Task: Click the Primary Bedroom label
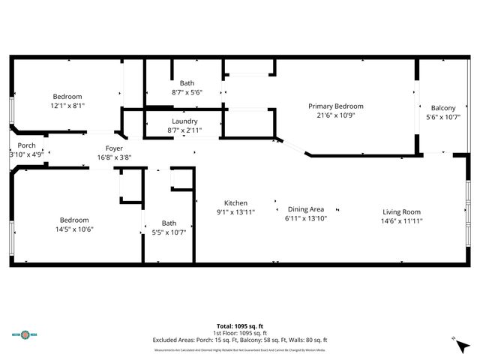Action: [x=335, y=106]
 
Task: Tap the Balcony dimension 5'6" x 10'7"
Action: [x=442, y=117]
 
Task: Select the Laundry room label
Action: [x=184, y=121]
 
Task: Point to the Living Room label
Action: [x=401, y=211]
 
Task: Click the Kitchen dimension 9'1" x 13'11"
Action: [x=236, y=212]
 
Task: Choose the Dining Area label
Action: [x=305, y=209]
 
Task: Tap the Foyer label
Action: [x=114, y=148]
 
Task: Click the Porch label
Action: [x=26, y=145]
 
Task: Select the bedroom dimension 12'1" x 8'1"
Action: [x=67, y=106]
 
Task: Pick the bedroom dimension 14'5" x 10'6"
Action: [x=76, y=229]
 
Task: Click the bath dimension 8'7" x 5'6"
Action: [x=187, y=92]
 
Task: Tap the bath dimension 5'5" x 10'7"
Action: [x=169, y=232]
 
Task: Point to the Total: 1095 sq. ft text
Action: [x=240, y=326]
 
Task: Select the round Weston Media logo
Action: [x=28, y=335]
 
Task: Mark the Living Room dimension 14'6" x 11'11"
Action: [x=401, y=220]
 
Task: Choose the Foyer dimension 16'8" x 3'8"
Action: [x=114, y=157]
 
